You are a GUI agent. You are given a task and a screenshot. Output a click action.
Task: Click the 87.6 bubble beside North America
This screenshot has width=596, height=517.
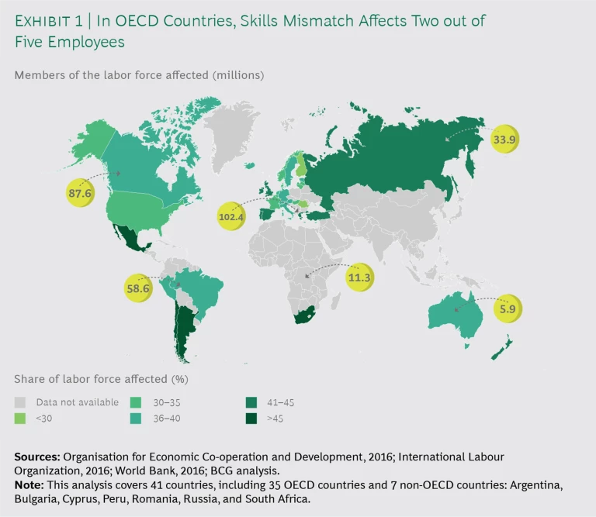click(x=80, y=191)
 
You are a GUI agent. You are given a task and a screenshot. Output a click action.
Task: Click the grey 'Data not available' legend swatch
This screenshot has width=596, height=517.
click(x=20, y=402)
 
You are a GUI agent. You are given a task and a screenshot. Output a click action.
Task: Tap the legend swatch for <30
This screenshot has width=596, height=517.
click(x=20, y=418)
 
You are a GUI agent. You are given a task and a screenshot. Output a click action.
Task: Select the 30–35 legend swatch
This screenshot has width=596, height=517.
click(x=135, y=402)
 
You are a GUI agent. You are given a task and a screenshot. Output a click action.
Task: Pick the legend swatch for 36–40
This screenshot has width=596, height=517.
click(x=135, y=418)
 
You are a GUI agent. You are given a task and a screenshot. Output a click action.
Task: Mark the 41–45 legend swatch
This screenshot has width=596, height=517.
click(x=250, y=402)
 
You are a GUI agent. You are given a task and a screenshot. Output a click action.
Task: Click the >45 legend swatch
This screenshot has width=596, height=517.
click(x=250, y=418)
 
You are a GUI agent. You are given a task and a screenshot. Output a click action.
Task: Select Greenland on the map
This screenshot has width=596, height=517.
click(x=237, y=132)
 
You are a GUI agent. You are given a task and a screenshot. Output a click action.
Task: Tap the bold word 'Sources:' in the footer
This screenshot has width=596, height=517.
click(x=37, y=457)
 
